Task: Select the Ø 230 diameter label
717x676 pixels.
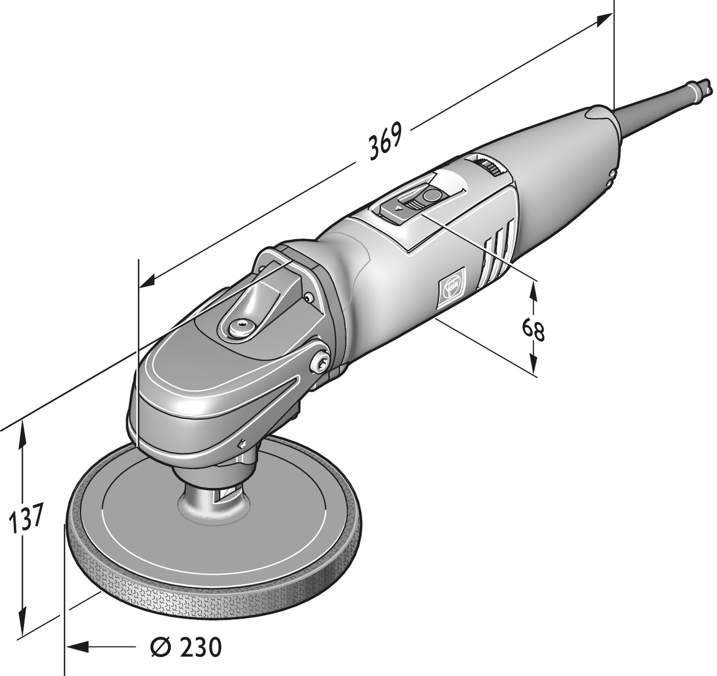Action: [x=187, y=647]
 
